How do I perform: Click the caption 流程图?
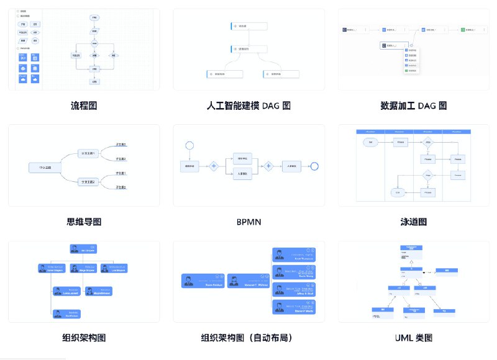(x=84, y=106)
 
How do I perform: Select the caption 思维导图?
(x=84, y=222)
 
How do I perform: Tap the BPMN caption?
(x=248, y=222)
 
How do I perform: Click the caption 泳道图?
(x=413, y=222)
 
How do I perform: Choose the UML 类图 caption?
(x=413, y=338)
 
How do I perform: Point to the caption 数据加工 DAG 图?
(x=413, y=106)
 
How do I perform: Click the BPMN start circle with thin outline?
(x=189, y=145)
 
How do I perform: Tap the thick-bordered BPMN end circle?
(x=314, y=166)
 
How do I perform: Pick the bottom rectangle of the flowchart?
(x=94, y=81)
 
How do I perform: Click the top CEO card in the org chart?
(x=84, y=250)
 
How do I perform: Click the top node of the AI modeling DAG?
(x=249, y=26)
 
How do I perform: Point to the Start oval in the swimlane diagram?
(x=371, y=142)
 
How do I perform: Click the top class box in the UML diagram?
(x=411, y=249)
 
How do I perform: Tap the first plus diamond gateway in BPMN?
(x=214, y=166)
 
